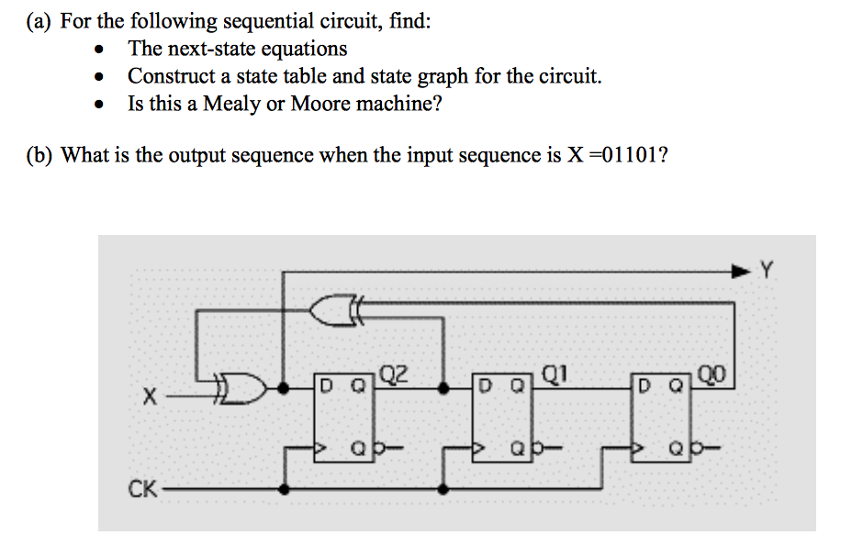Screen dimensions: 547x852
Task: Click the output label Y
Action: point(768,271)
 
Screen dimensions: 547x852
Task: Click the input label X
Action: point(149,398)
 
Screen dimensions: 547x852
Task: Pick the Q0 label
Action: point(712,374)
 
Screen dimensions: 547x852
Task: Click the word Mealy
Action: point(232,104)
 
